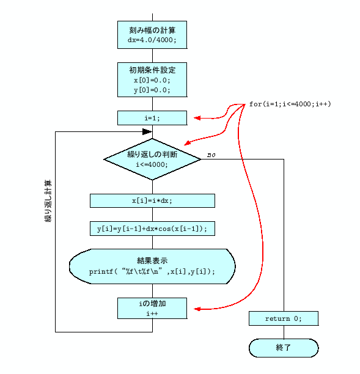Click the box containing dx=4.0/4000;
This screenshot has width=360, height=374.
pos(152,34)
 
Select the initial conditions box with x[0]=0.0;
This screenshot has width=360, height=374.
pos(152,79)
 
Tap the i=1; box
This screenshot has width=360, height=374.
pos(152,118)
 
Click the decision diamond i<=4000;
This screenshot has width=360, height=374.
pos(152,159)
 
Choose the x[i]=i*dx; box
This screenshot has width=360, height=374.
pos(152,201)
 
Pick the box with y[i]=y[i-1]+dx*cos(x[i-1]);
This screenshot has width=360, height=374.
pos(152,229)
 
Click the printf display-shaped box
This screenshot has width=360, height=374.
pos(152,266)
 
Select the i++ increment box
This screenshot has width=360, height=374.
pos(152,308)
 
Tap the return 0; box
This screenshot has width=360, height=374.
pos(283,318)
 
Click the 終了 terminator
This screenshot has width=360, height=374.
pos(283,347)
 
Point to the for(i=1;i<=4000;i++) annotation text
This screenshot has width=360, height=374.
pos(290,104)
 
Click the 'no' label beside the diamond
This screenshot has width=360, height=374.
pos(211,155)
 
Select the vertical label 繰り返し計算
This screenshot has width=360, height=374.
pos(48,201)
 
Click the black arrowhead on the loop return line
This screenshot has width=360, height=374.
pos(147,131)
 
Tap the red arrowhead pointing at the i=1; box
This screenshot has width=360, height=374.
pos(197,117)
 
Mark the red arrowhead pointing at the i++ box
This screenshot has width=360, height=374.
pos(197,308)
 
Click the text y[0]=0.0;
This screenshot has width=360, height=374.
pos(152,90)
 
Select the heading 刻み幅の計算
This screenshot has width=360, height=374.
pos(152,29)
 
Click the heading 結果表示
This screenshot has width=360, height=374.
pos(152,260)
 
